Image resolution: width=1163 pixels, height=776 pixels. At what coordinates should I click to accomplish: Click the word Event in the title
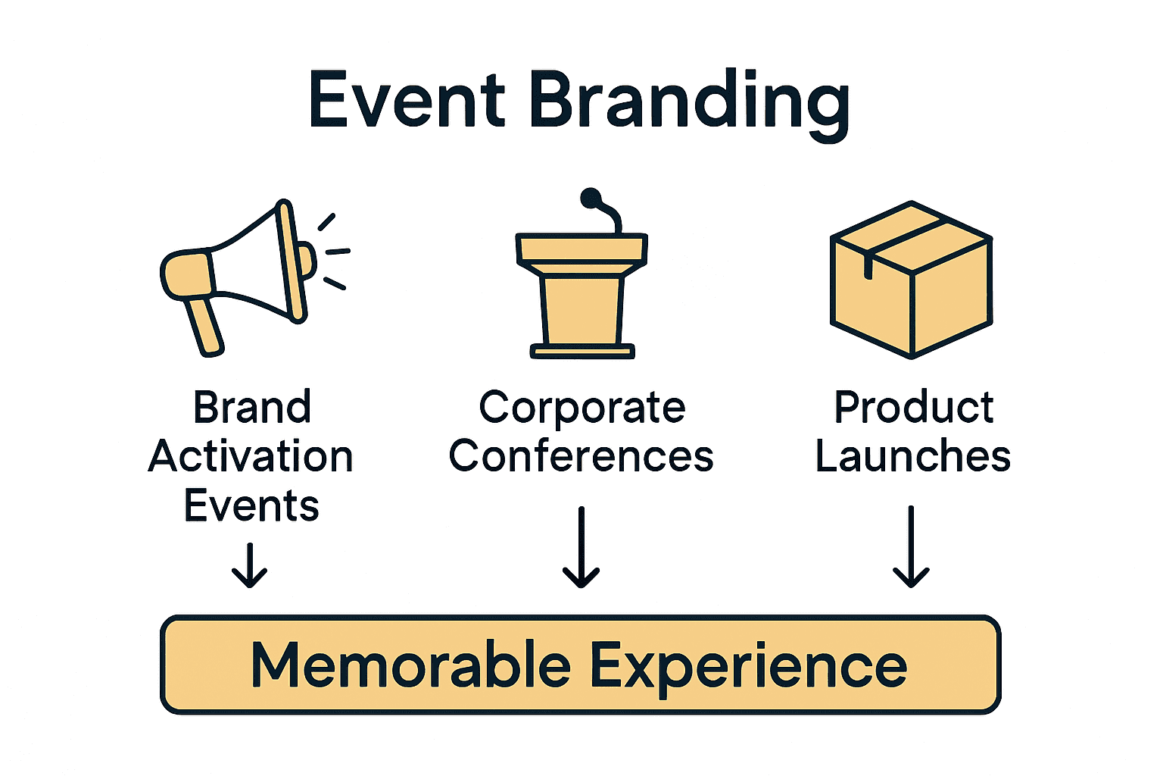(x=407, y=101)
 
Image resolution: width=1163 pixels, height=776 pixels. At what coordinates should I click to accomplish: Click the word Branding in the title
(x=689, y=103)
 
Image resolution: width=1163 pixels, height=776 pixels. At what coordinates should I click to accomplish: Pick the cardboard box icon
(x=912, y=280)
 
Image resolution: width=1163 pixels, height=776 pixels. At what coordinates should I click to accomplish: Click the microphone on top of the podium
(x=592, y=199)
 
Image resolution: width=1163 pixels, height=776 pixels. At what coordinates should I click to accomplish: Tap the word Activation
(x=251, y=457)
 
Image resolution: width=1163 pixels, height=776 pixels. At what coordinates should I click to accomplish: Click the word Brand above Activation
(x=252, y=408)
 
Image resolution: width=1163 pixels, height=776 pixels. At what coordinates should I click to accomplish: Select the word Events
(x=251, y=506)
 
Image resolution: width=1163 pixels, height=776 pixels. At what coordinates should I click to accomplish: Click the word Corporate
(x=581, y=409)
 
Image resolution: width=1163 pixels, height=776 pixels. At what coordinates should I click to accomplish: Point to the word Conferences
(x=581, y=457)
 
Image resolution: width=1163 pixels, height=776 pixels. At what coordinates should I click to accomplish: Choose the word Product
(x=913, y=408)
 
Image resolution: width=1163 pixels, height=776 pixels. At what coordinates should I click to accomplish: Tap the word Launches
(x=912, y=457)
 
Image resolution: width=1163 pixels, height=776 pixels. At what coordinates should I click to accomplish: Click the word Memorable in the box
(x=410, y=665)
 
